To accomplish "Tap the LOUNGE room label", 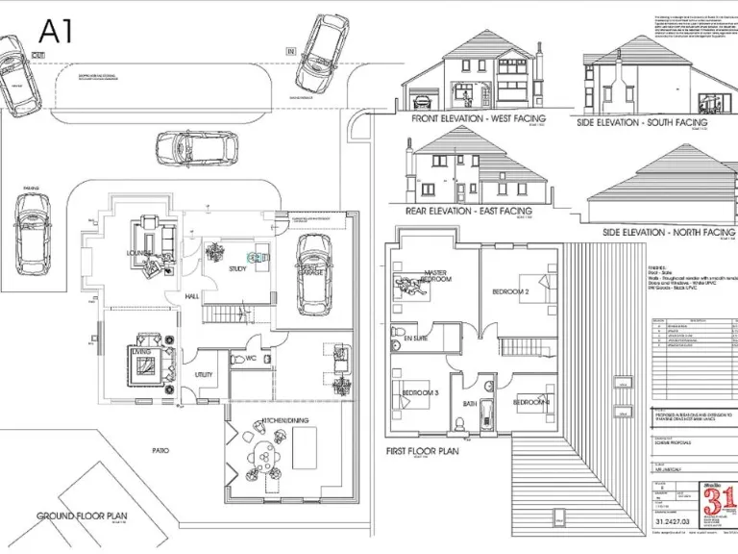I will click(140, 253).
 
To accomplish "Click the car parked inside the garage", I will click(314, 273).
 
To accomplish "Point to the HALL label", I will click(191, 297).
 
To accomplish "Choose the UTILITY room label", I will click(204, 375).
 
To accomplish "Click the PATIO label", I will click(160, 449).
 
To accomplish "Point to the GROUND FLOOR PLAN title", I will click(82, 516).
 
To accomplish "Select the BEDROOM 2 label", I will click(511, 290).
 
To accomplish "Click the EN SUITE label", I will click(415, 340).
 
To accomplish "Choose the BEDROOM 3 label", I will click(421, 392).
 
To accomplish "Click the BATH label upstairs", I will click(470, 404).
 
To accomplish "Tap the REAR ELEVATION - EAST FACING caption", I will click(470, 210).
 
